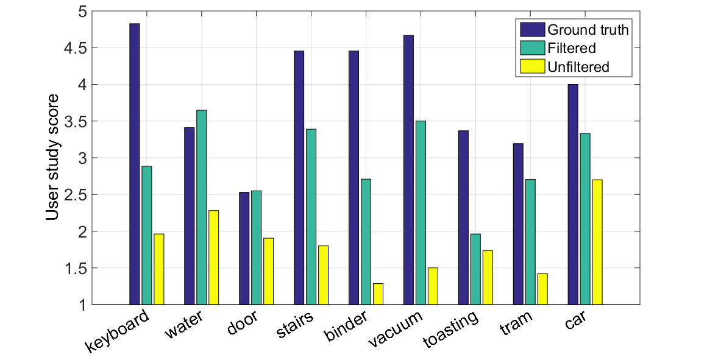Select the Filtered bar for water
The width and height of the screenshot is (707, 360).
click(201, 207)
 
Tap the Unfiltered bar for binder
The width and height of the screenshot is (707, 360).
click(378, 294)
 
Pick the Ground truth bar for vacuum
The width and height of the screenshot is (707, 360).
click(408, 170)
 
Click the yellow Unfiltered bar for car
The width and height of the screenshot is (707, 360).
click(597, 242)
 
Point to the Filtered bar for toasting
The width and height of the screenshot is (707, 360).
click(475, 269)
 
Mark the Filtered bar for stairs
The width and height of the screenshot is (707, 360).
click(311, 216)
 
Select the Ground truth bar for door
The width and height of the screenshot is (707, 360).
click(244, 248)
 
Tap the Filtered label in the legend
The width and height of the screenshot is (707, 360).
click(571, 48)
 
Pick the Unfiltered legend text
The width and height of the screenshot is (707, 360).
click(578, 67)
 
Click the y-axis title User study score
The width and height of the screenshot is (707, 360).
click(54, 158)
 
